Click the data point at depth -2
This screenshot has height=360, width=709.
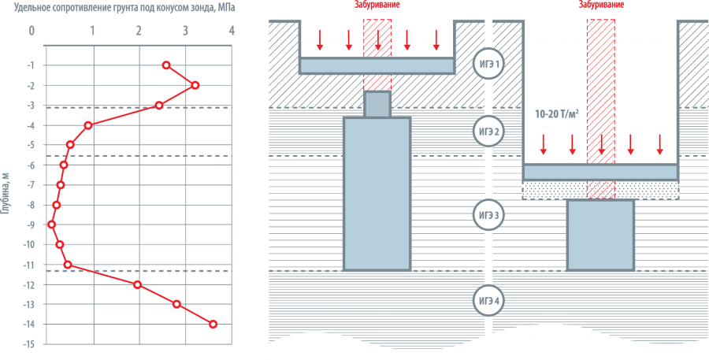(x=195, y=85)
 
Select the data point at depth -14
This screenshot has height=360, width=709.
(x=213, y=324)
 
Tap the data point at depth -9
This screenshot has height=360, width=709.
(x=52, y=225)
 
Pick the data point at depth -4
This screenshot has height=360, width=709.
(x=88, y=124)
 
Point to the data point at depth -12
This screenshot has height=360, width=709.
(x=138, y=284)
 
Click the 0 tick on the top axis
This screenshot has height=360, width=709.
(x=32, y=32)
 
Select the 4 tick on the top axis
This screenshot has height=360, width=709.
(x=232, y=32)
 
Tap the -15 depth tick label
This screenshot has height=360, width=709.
(x=28, y=344)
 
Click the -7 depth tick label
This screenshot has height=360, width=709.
(x=28, y=185)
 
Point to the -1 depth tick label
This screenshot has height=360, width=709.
(x=28, y=65)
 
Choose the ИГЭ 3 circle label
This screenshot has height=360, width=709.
(x=488, y=214)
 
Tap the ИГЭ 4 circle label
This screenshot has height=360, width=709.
(x=488, y=300)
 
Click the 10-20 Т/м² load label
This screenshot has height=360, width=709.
(x=557, y=115)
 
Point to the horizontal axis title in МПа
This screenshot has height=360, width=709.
(x=130, y=8)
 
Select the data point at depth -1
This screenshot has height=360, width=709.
(x=166, y=65)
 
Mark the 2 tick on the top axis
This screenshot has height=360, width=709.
(x=139, y=32)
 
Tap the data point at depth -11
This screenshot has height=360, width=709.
(x=68, y=265)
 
